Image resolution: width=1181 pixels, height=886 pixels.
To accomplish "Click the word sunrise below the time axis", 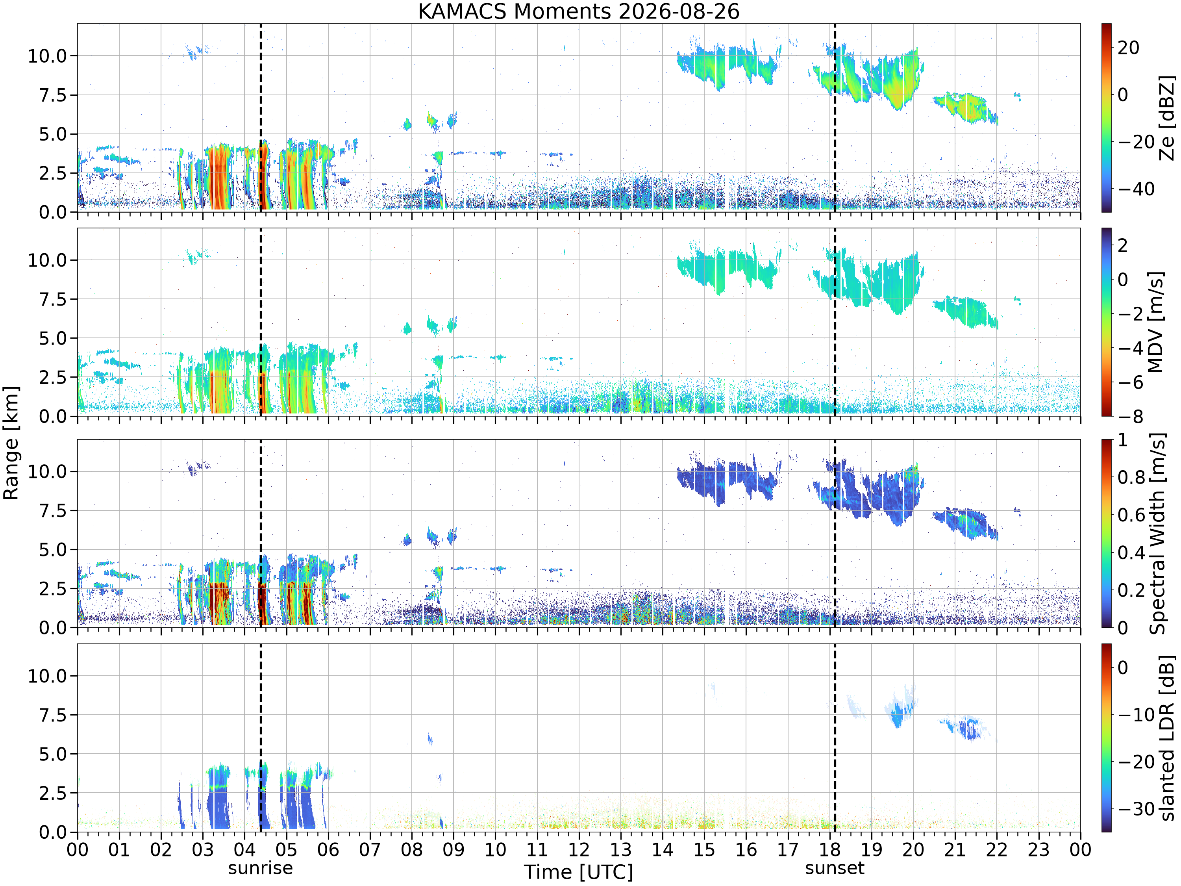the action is tap(261, 868).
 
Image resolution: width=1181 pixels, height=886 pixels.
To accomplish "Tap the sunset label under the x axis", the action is tap(835, 868).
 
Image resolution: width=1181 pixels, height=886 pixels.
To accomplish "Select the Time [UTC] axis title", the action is tap(579, 872).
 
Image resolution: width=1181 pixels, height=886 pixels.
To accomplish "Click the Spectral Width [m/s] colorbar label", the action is tap(1157, 534).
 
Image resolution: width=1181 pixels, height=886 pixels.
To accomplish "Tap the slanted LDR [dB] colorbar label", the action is tap(1168, 738).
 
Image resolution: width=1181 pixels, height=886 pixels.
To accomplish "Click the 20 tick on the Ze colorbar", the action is tap(1129, 48).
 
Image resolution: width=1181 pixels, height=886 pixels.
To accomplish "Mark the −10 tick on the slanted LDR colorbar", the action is tap(1136, 715).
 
